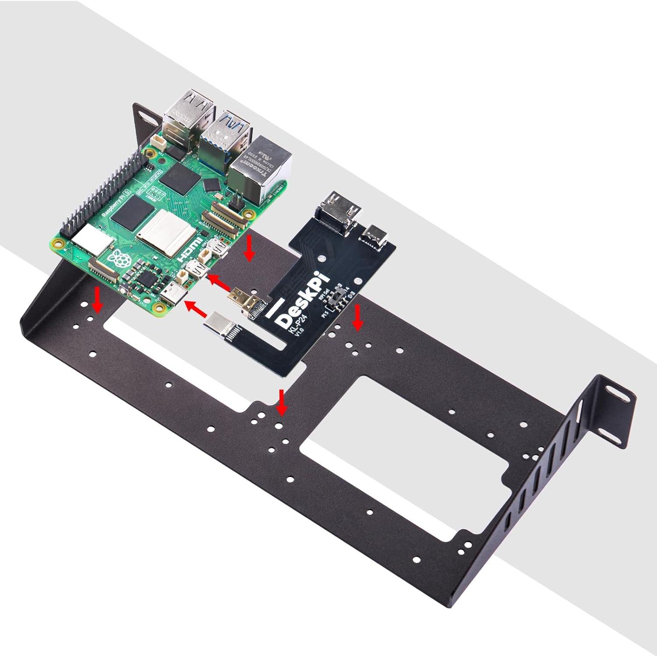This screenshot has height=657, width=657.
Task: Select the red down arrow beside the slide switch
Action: point(358,318)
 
